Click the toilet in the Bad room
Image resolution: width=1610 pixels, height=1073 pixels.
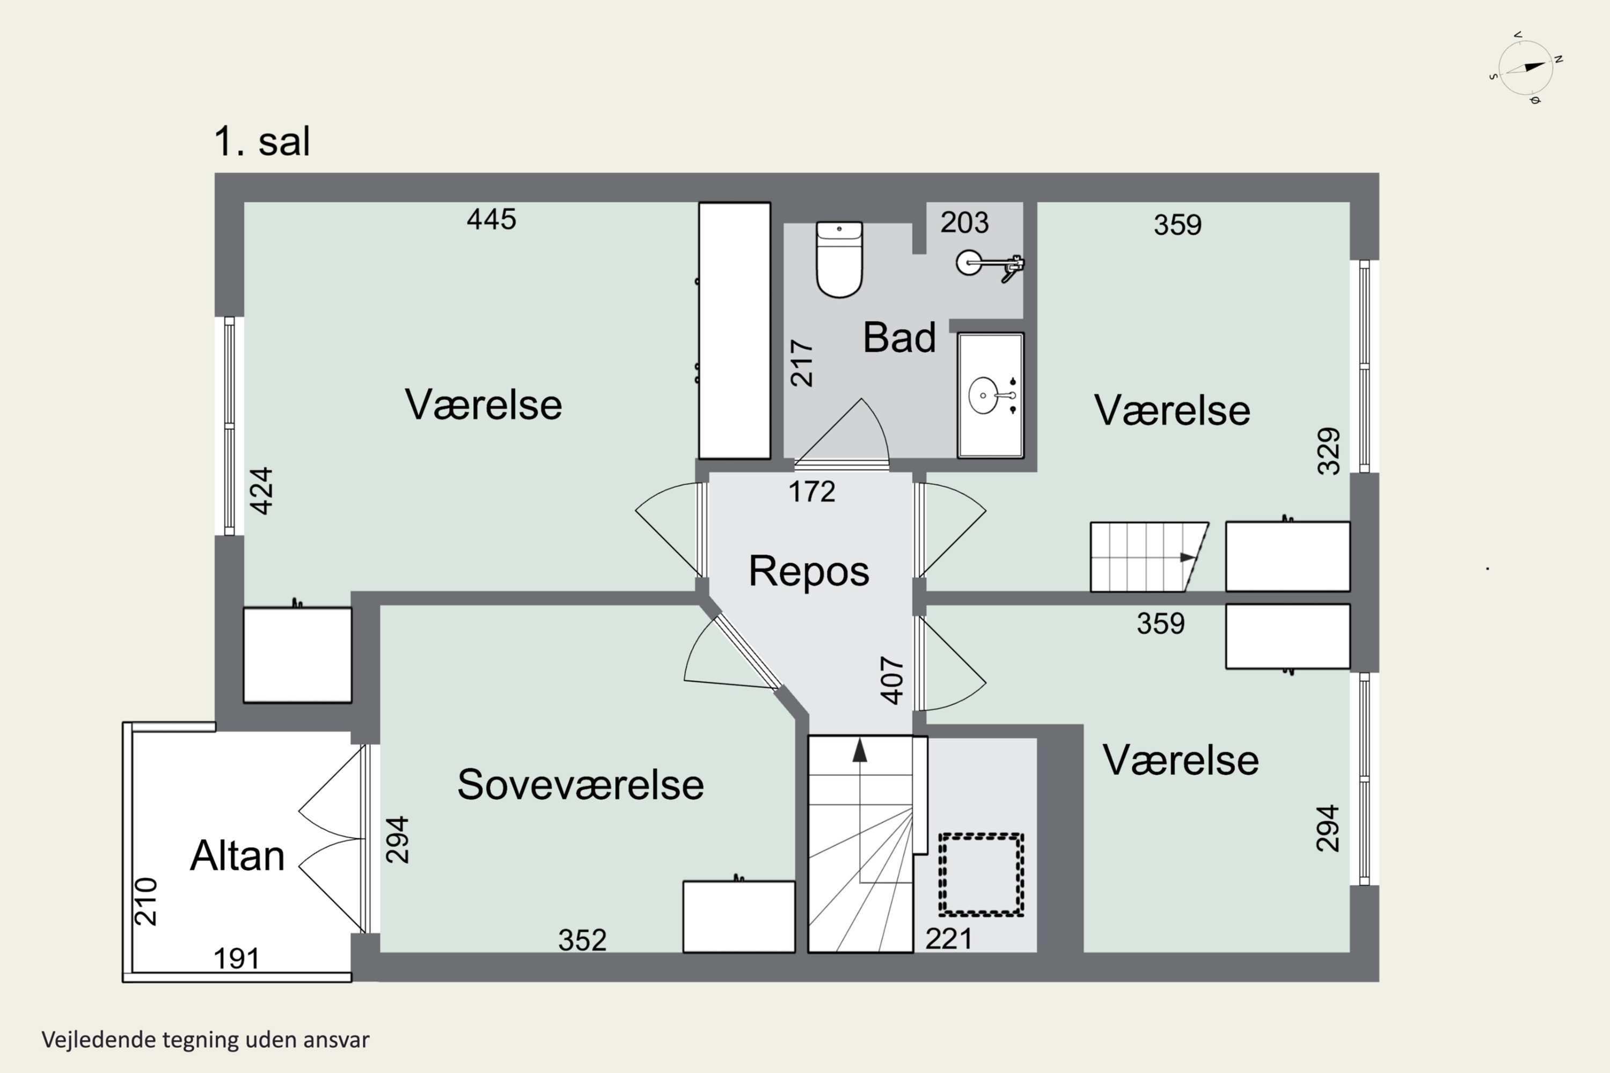coord(839,260)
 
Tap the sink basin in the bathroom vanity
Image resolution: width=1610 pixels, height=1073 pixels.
coord(984,395)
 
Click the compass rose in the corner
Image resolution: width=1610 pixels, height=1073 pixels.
coord(1525,69)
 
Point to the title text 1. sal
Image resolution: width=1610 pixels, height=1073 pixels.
coord(262,142)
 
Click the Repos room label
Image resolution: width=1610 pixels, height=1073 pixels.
coord(808,571)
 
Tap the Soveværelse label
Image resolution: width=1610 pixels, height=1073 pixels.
coord(580,784)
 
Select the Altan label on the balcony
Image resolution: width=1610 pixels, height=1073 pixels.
coord(237,855)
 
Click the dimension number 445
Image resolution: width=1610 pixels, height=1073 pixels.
coord(491,219)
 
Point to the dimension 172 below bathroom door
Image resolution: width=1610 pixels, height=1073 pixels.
coord(812,491)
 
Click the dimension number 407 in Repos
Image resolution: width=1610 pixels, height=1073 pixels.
coord(892,680)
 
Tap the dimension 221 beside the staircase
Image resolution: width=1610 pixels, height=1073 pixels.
coord(949,939)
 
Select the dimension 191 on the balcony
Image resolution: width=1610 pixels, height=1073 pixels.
coord(236,959)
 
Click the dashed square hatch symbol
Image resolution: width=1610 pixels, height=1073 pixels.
coord(981,874)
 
